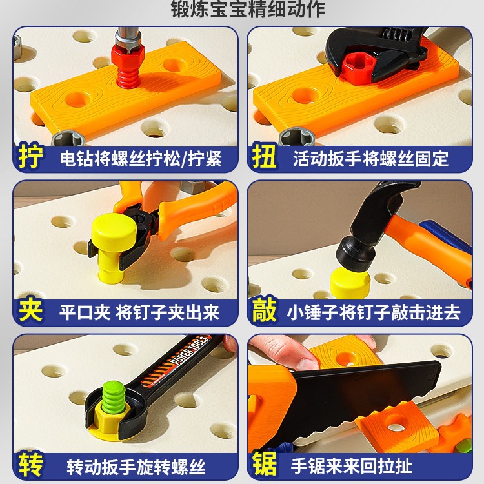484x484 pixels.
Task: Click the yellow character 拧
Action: coord(30,156)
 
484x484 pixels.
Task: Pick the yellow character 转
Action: coord(30,464)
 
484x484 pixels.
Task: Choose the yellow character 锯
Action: coord(264,463)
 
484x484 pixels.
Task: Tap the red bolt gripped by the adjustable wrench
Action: coord(359,68)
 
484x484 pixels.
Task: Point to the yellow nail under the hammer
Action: coord(350,283)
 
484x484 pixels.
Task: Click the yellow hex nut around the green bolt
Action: coord(108,420)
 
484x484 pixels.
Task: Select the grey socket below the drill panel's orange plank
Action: coord(68,138)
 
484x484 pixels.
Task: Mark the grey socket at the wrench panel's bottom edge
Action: coord(297,136)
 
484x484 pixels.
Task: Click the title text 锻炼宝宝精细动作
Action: coord(248,8)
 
